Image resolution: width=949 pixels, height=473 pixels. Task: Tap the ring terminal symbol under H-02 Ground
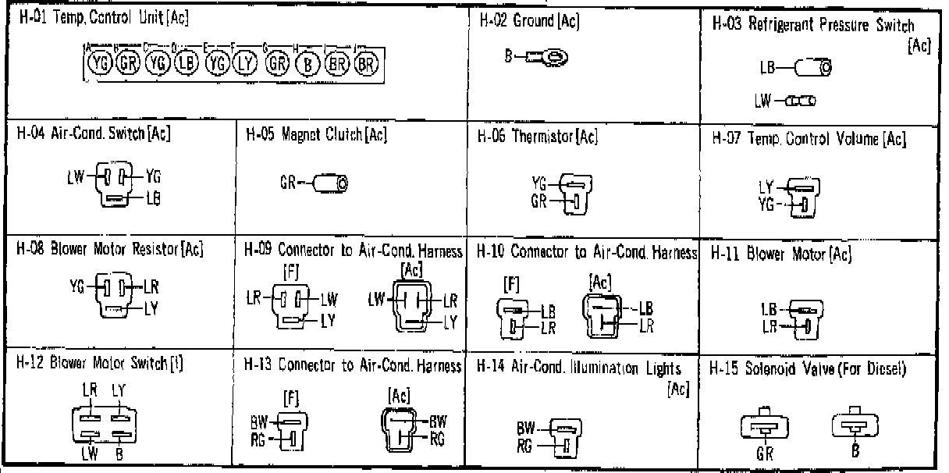coord(552,56)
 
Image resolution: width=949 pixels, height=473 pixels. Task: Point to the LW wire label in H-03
coord(763,101)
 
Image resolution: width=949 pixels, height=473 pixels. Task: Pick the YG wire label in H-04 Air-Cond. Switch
coord(152,176)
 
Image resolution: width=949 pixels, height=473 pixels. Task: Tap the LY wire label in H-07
coord(765,187)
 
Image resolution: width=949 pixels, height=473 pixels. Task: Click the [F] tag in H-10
coord(513,281)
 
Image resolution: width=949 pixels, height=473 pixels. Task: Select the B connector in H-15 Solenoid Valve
coord(855,426)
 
